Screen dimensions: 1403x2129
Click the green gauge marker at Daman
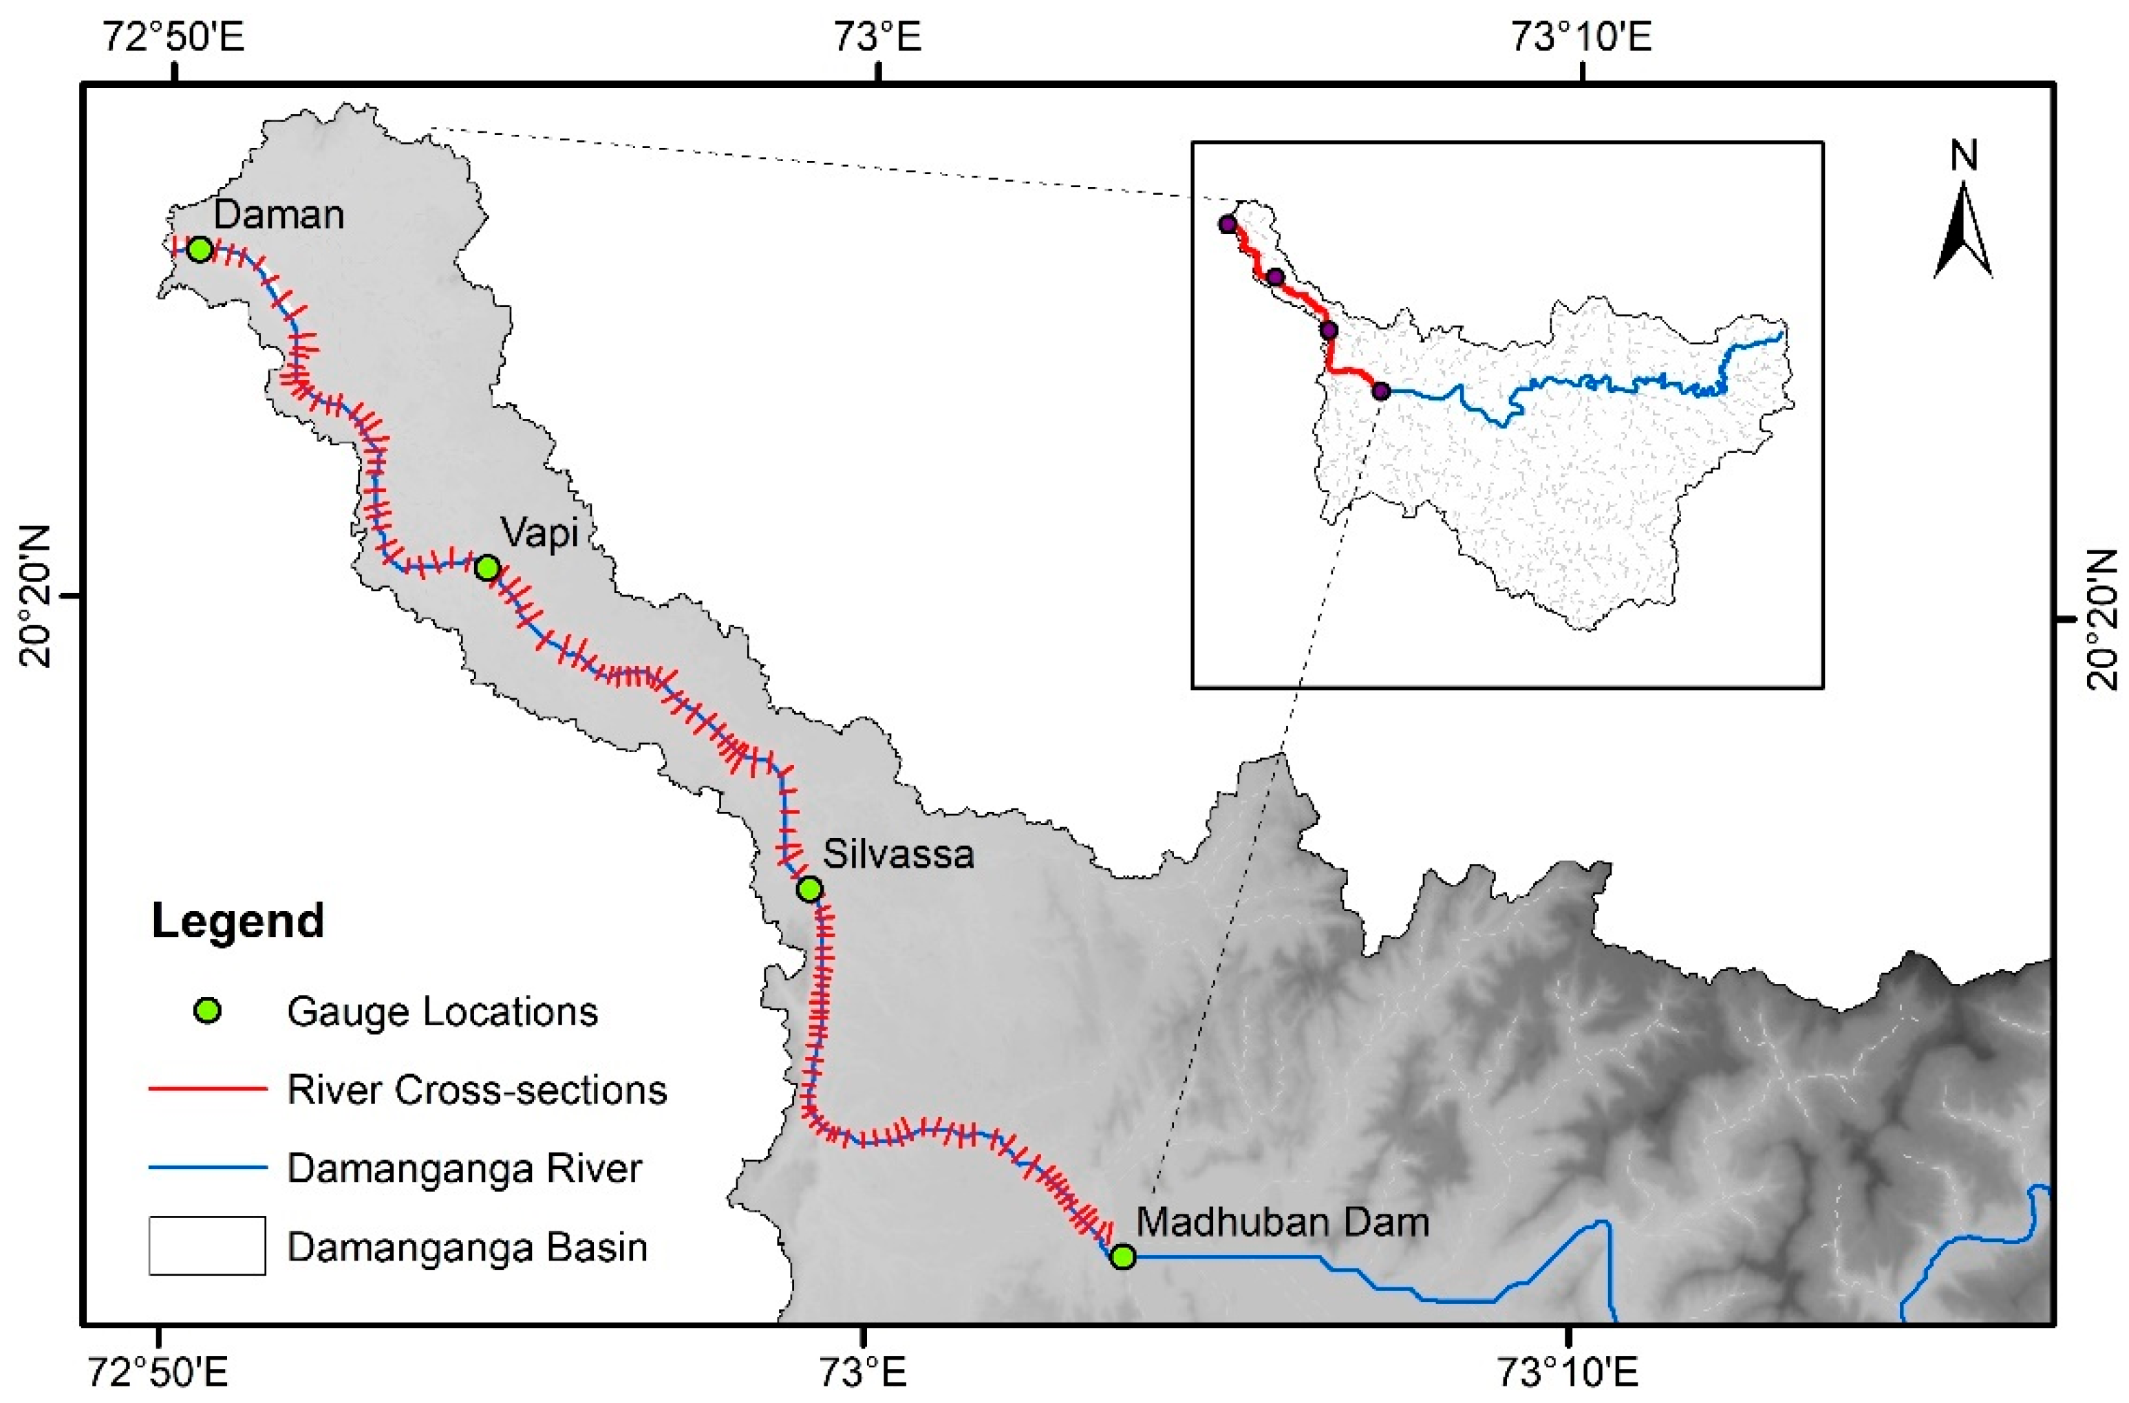coord(200,249)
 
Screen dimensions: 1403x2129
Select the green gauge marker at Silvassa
coord(809,888)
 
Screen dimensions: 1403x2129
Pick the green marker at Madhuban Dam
coord(1123,1256)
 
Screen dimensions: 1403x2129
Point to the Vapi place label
coord(539,533)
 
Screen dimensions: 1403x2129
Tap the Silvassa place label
coord(898,855)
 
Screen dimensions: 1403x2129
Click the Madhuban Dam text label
coord(1283,1221)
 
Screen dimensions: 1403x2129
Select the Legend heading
coord(238,921)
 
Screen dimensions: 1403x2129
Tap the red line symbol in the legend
coord(208,1090)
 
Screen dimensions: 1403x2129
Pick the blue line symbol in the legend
coord(208,1168)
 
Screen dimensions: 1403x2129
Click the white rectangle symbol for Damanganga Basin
coord(208,1245)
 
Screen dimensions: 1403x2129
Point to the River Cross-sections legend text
coord(477,1090)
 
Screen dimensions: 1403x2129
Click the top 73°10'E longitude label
coord(1581,38)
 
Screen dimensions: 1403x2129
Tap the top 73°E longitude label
coord(877,38)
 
